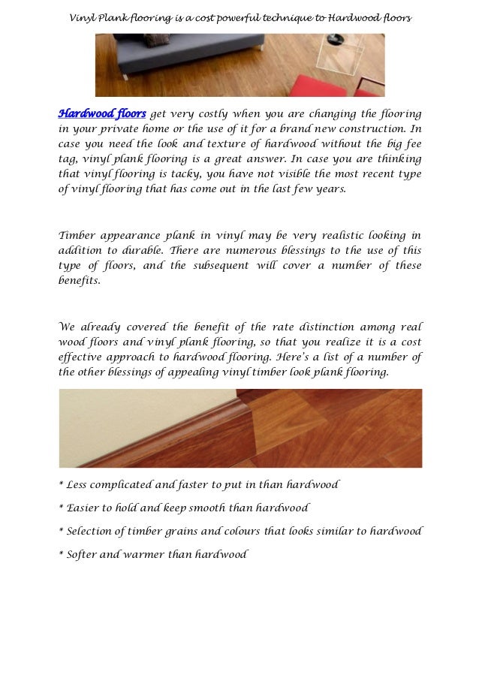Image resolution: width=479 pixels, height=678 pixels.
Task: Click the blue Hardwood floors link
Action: (x=102, y=114)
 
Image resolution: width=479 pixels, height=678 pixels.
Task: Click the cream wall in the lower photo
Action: (x=113, y=420)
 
